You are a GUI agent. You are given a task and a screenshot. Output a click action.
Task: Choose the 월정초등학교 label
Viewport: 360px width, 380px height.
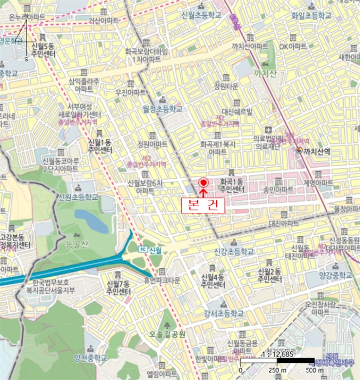pos(162,109)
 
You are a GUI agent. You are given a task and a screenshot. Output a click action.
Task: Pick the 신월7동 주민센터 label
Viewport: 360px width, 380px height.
pos(118,288)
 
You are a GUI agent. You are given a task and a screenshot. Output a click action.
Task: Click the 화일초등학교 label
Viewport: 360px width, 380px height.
pos(311,16)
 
